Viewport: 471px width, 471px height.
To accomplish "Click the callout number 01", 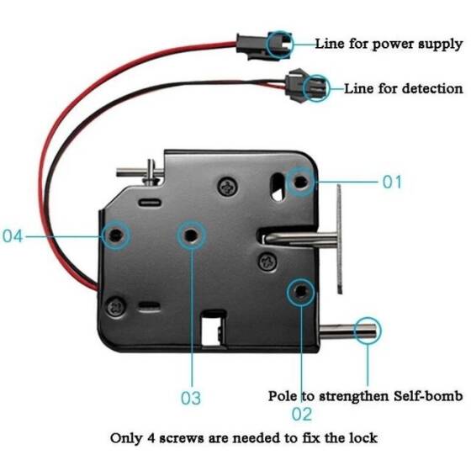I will (x=393, y=182).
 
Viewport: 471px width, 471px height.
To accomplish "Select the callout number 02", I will (x=301, y=413).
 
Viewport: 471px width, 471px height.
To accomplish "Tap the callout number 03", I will (x=191, y=397).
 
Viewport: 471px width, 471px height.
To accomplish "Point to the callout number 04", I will (x=13, y=236).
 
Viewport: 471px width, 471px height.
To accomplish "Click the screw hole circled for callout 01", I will (x=301, y=180).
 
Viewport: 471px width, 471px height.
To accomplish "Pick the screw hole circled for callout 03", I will (x=191, y=235).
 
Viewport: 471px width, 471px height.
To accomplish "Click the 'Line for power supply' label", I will (x=388, y=43).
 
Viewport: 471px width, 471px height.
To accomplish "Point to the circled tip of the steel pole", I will (x=368, y=331).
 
